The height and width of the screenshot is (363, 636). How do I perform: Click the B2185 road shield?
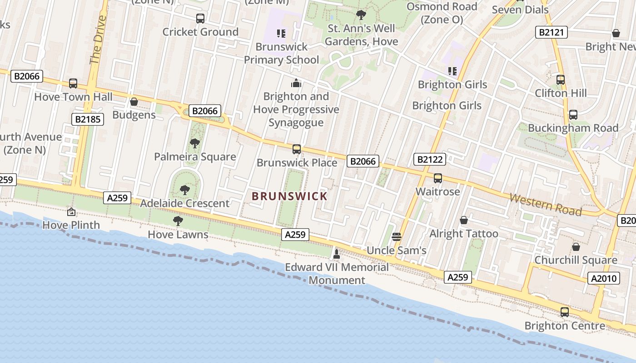[88, 119]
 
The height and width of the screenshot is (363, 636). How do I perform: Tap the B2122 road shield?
[429, 159]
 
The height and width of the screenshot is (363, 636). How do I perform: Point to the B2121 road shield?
[552, 32]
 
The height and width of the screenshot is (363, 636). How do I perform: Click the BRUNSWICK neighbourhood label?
[289, 196]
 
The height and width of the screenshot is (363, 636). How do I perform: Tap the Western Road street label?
[545, 204]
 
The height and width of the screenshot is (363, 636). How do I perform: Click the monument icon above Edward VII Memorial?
[337, 254]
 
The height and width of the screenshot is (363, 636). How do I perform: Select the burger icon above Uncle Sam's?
[397, 237]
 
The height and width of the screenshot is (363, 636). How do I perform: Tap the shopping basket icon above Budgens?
[134, 102]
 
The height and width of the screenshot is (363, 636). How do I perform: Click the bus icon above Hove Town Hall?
[73, 83]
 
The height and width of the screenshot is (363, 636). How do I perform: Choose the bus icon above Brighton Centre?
[565, 312]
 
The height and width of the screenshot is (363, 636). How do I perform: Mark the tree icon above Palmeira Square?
[195, 144]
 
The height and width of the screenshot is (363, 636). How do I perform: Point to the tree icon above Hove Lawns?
[178, 221]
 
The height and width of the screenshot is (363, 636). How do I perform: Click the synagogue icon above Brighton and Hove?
[296, 83]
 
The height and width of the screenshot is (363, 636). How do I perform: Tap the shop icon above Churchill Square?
[576, 247]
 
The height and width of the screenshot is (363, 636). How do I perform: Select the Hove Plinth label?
[71, 225]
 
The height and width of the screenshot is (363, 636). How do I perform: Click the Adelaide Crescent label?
[184, 203]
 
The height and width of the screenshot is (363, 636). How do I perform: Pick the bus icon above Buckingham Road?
[573, 115]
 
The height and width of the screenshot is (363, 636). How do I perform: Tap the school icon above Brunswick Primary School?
[281, 33]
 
